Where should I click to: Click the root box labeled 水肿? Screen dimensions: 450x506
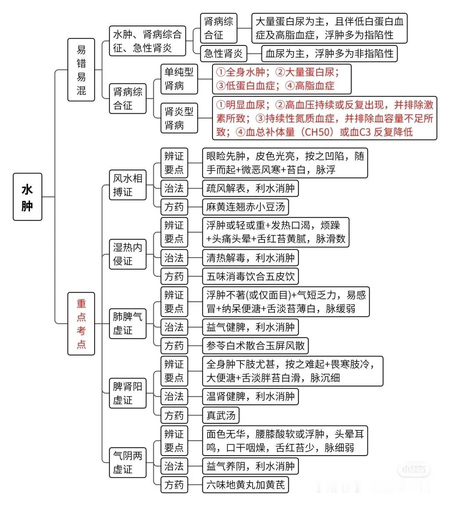click(27, 197)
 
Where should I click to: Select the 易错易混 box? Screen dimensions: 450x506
click(81, 70)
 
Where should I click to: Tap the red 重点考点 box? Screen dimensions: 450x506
click(81, 324)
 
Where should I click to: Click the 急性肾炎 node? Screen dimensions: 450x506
click(223, 53)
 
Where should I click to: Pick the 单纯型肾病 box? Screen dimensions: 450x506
click(179, 79)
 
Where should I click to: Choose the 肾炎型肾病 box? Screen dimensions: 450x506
click(179, 118)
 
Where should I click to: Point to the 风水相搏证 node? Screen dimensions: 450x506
click(127, 185)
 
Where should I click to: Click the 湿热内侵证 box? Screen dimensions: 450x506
click(127, 254)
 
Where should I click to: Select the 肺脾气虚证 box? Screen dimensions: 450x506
click(127, 324)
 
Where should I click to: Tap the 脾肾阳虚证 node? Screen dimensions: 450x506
click(127, 393)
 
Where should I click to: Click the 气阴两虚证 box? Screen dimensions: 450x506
click(127, 463)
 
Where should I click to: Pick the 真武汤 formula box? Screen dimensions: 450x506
click(221, 415)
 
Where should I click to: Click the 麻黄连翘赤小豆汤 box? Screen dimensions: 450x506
click(245, 207)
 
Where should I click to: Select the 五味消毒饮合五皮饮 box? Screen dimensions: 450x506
click(250, 276)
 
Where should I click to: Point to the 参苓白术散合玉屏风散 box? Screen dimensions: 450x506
click(255, 346)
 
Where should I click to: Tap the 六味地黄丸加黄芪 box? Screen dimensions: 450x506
click(245, 484)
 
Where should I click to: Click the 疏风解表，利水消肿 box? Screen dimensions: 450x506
click(250, 188)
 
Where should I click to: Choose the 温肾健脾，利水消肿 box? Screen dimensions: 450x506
click(250, 396)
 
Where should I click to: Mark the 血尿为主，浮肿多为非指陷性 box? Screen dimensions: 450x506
click(330, 53)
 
